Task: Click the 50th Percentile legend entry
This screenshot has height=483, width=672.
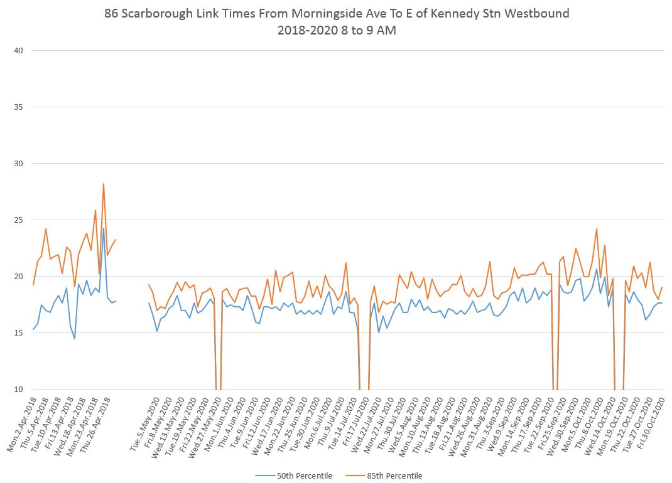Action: pos(303,475)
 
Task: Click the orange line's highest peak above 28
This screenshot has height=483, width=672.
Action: pos(103,184)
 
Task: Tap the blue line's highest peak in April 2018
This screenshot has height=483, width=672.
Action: pos(104,228)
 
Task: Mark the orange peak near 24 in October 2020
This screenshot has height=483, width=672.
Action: pos(596,229)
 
